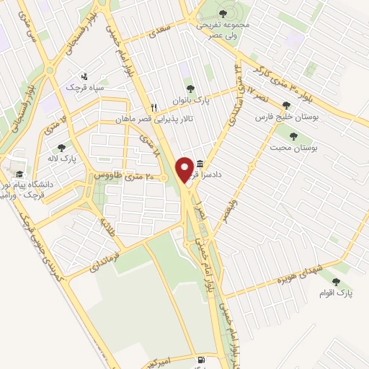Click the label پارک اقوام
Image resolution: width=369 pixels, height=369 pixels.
coord(336,293)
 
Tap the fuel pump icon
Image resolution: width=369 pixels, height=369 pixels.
coord(200,358)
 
